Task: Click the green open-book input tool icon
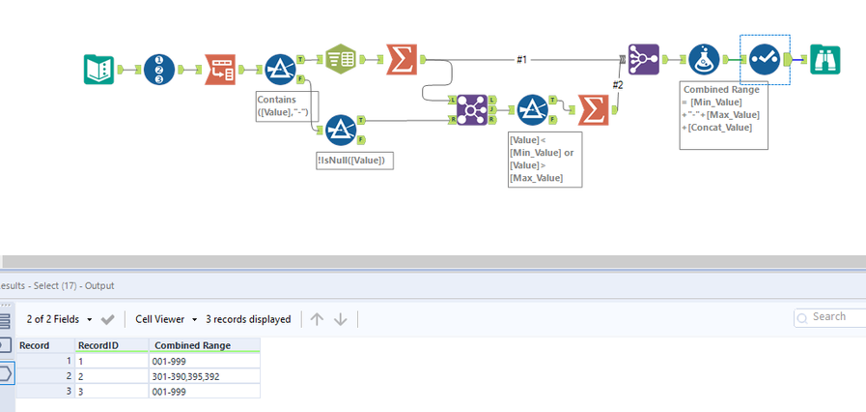[99, 69]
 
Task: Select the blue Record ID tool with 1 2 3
[159, 69]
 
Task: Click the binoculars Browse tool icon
[825, 60]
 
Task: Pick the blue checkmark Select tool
[765, 60]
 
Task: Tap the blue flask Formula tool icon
[704, 60]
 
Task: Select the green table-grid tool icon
[341, 59]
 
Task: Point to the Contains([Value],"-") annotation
[285, 105]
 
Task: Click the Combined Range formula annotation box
[723, 114]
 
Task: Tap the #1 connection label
[521, 60]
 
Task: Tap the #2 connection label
[618, 84]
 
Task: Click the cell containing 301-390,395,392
[205, 375]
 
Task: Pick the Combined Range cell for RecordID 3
[205, 391]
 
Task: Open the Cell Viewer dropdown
[165, 318]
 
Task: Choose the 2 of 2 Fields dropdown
[59, 318]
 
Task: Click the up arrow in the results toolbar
[317, 319]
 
